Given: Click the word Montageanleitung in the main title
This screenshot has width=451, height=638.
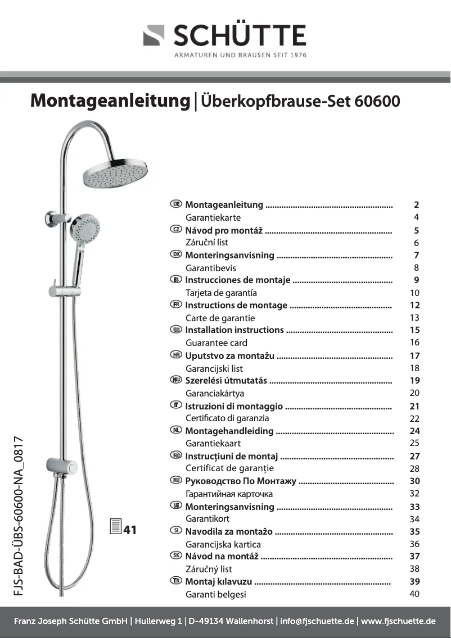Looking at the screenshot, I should coord(111,101).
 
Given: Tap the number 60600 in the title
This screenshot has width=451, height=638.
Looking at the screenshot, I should coord(378,101).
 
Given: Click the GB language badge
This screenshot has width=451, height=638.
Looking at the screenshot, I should coord(176,330).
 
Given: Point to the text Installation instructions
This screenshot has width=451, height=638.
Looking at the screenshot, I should coord(234,330).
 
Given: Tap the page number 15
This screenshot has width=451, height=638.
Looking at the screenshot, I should coord(415,330).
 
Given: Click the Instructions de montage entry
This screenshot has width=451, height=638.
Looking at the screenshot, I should coord(236,306).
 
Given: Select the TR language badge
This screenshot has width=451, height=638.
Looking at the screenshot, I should coord(176,581).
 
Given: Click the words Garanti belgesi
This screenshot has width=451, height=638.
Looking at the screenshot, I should coord(216,594).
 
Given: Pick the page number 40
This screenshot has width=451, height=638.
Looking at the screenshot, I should coord(415,594).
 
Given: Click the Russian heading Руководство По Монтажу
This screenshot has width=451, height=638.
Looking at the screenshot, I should coord(241,481).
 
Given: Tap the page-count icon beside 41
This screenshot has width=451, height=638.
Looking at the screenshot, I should coord(115,528).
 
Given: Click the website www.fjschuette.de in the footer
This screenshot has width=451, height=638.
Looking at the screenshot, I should coord(399,621).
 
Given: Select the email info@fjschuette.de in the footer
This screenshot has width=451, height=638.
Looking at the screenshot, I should coord(317,621).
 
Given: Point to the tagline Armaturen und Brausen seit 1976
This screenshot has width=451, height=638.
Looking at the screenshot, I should coord(241,55).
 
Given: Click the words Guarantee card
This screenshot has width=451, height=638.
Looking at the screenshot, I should coord(217,343).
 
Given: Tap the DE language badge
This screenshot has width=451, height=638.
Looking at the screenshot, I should coord(176,204).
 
